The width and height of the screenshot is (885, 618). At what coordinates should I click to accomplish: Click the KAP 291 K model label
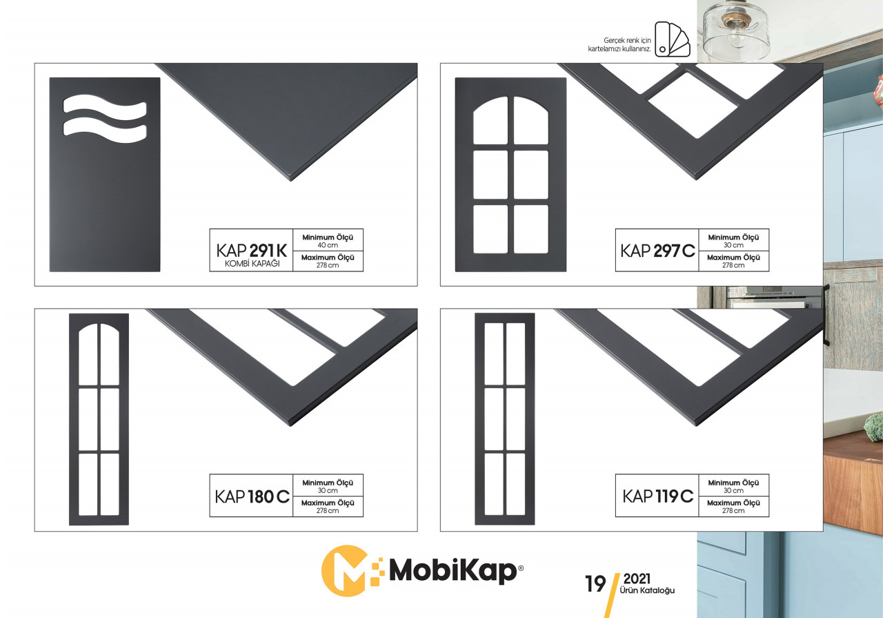click(x=252, y=250)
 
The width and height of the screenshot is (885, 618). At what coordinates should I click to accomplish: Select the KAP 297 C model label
click(x=657, y=251)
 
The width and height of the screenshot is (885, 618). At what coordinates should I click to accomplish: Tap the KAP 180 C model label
click(x=252, y=496)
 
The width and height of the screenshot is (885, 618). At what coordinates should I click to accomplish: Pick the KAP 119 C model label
click(x=658, y=496)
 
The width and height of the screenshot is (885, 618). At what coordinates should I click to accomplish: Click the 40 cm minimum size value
click(x=328, y=245)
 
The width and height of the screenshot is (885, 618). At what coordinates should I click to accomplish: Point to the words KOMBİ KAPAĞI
click(x=252, y=264)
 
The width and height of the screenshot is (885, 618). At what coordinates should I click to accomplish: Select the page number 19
click(x=595, y=584)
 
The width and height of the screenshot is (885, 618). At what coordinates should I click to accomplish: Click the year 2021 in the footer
click(x=637, y=579)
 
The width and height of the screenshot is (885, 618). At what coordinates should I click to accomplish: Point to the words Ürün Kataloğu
click(x=647, y=590)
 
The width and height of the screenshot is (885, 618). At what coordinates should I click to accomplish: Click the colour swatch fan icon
click(x=673, y=39)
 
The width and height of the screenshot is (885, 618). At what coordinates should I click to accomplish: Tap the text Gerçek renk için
click(x=628, y=40)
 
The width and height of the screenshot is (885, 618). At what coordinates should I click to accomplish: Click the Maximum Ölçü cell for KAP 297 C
click(x=734, y=261)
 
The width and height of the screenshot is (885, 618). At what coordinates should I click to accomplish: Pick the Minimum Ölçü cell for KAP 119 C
click(x=734, y=485)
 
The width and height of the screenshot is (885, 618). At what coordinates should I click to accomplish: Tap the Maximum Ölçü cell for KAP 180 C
click(x=328, y=507)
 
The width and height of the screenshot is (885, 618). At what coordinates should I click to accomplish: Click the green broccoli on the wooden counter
click(x=874, y=427)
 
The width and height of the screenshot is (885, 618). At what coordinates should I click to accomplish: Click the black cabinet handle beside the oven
click(x=826, y=315)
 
